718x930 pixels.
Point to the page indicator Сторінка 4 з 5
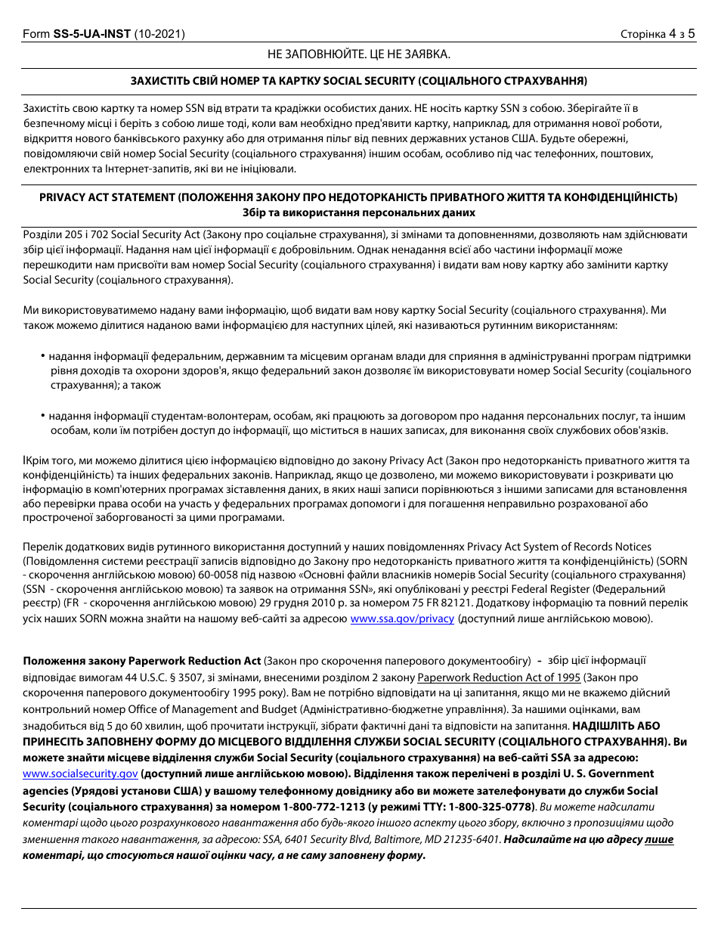tap(657, 34)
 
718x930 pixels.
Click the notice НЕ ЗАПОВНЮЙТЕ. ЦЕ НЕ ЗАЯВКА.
tap(359, 54)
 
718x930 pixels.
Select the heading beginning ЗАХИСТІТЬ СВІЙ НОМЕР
tap(359, 80)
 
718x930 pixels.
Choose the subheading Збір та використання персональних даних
tap(359, 212)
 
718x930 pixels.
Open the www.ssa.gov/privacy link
tap(402, 618)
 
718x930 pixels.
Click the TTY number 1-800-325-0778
tap(488, 807)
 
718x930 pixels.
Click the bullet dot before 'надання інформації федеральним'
tap(42, 355)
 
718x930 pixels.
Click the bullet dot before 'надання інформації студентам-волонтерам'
tap(42, 416)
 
